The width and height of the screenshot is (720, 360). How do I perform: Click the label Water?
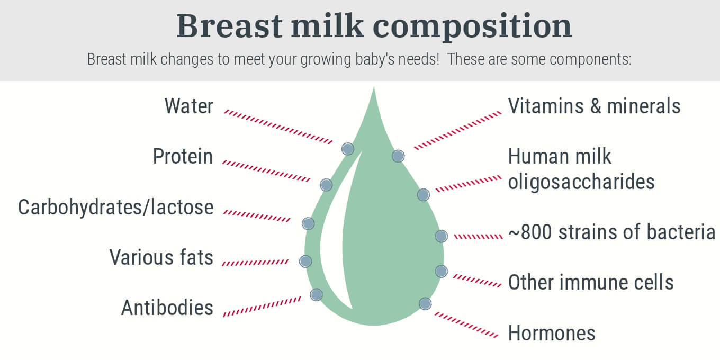point(188,106)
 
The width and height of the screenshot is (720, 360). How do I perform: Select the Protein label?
point(183,157)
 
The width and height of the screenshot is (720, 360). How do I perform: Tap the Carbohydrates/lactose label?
point(115,207)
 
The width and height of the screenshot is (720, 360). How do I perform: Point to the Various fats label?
point(161,258)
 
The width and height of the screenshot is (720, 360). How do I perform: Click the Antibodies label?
point(167,308)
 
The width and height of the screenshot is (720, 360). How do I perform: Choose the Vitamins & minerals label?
point(594,106)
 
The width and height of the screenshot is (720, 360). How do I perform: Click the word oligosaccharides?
point(581,182)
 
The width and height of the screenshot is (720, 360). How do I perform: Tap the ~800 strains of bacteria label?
point(611,232)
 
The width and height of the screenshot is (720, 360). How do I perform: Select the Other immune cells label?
point(591,282)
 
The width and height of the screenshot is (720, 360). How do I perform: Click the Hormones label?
point(552,333)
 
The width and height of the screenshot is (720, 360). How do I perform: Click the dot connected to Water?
point(348,149)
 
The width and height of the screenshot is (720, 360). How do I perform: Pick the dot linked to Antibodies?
point(316,294)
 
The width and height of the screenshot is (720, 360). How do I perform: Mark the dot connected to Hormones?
point(425,303)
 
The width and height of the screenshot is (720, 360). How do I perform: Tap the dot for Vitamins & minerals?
point(398,156)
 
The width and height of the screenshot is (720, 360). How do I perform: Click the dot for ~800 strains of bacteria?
point(441,236)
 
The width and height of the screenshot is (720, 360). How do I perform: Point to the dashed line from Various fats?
point(255,263)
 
